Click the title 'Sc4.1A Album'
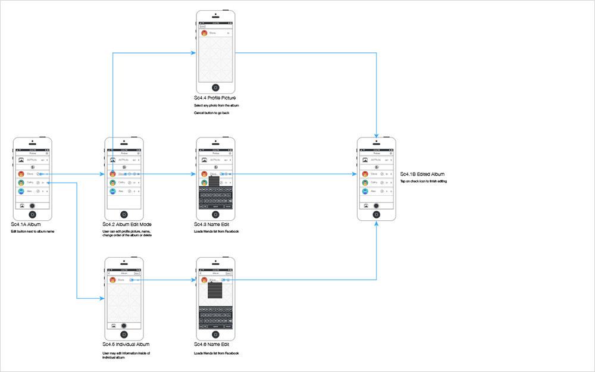click(x=25, y=224)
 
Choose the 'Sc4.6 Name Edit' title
click(x=212, y=344)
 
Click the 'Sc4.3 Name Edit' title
click(x=212, y=224)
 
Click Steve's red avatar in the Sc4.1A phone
click(x=21, y=174)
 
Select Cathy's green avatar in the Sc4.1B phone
click(x=365, y=183)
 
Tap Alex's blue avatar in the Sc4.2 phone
click(x=112, y=191)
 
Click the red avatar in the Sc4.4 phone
click(x=204, y=33)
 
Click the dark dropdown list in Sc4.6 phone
click(x=215, y=290)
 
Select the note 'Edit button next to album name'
click(x=33, y=231)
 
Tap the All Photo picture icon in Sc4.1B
click(x=365, y=160)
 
